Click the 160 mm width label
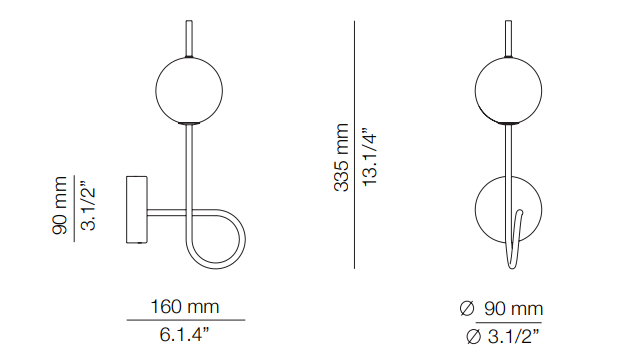185,307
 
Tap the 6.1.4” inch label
184,334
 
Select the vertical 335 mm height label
342,157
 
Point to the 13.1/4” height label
370,157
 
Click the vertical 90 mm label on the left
60,205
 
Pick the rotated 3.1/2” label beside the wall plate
88,206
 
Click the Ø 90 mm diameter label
501,309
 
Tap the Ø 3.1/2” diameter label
502,336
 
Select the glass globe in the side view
189,91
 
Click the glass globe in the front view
508,91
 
